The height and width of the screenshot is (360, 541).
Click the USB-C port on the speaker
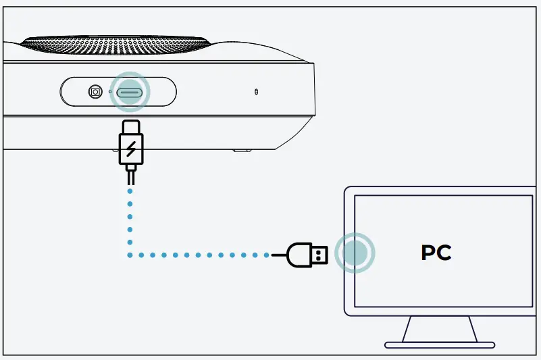130,92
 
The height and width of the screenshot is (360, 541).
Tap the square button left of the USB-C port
95,91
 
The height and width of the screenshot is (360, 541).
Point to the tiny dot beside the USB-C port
110,92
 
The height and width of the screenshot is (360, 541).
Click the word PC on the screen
436,253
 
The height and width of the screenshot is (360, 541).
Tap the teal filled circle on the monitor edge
355,253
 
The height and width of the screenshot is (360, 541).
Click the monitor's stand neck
440,329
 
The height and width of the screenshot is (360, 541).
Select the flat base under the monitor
440,345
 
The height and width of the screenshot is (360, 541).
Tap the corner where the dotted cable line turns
130,255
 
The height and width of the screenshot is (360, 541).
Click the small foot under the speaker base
239,149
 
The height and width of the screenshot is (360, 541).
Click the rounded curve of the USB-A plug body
292,255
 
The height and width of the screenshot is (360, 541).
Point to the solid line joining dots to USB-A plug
278,255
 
